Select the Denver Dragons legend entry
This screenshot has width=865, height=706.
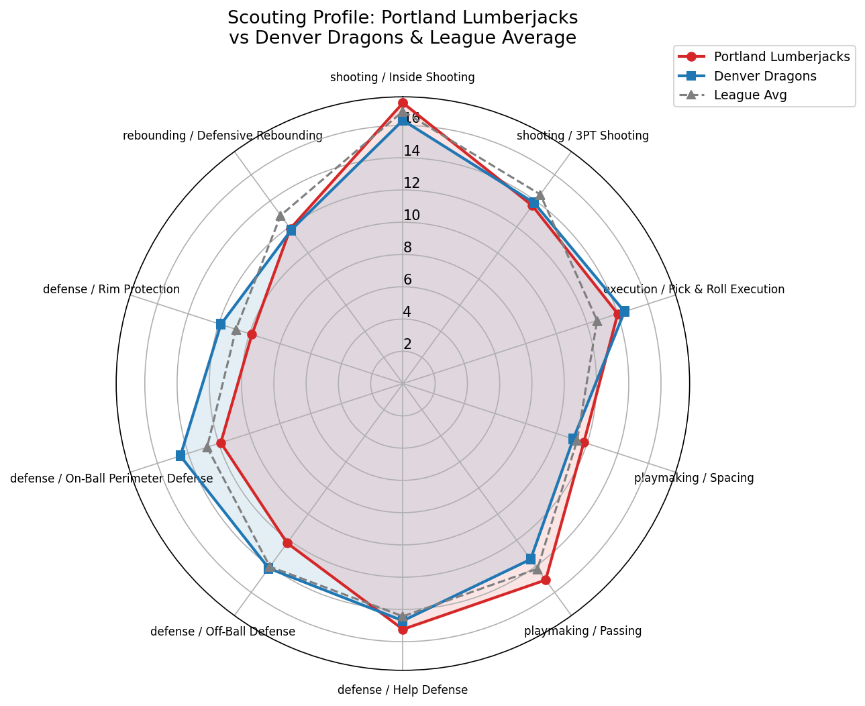(764, 76)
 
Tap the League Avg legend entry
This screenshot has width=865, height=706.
(750, 95)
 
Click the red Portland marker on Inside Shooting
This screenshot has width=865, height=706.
(403, 103)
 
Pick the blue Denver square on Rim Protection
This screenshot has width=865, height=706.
(220, 324)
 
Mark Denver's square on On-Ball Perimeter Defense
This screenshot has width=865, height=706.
(180, 456)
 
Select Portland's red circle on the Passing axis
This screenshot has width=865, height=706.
(546, 580)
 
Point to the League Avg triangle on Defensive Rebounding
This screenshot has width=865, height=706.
(280, 215)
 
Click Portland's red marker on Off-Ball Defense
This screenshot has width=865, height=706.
(287, 543)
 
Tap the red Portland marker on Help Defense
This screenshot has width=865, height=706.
(403, 629)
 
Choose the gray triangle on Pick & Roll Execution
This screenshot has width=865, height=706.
(597, 321)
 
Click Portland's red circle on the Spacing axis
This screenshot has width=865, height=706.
(584, 442)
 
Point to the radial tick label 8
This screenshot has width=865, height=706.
(407, 248)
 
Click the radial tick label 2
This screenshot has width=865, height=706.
(407, 344)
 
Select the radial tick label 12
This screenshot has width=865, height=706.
(411, 183)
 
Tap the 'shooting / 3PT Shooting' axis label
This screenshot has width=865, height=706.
(582, 136)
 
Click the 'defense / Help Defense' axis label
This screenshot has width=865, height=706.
(403, 690)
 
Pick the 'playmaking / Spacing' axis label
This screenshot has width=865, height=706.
(694, 478)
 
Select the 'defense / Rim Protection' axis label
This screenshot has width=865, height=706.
(111, 289)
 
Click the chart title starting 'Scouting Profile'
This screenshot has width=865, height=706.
(403, 28)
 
